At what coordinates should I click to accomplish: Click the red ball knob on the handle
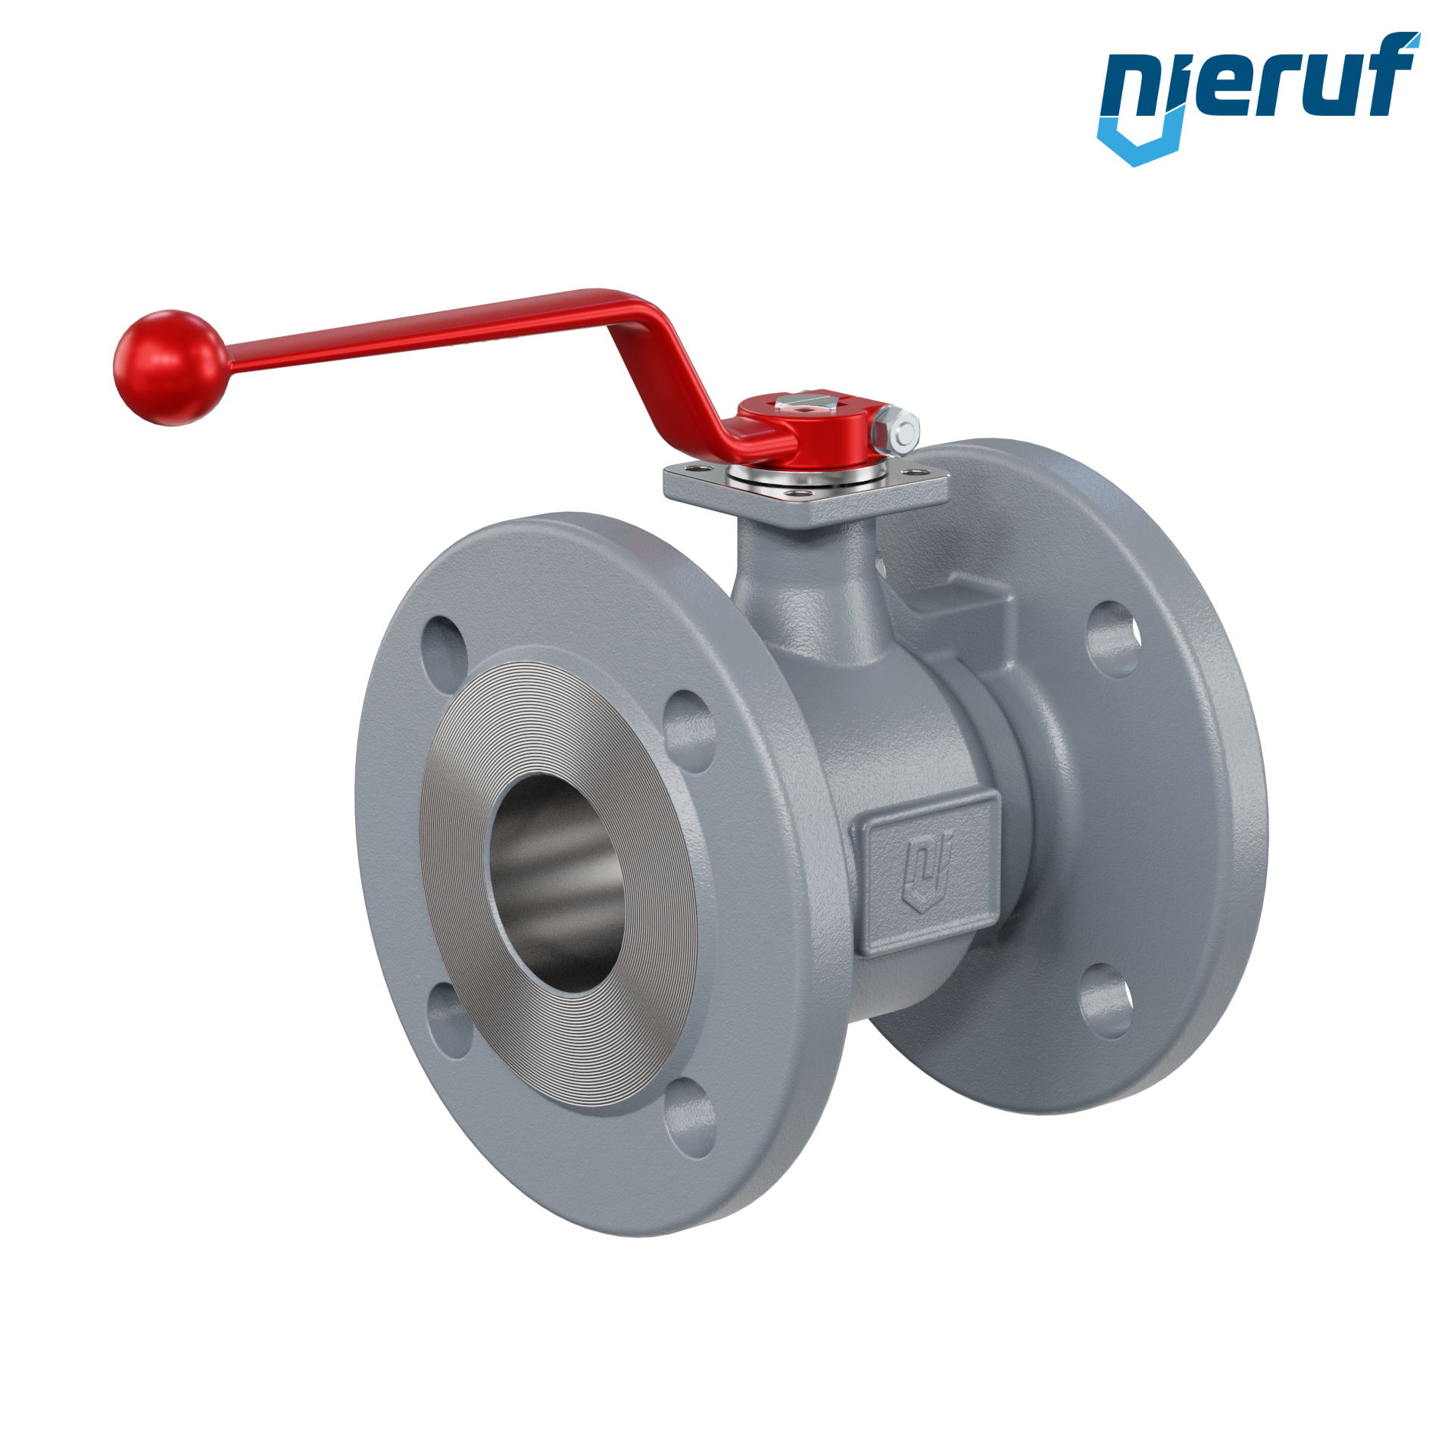[x=170, y=367]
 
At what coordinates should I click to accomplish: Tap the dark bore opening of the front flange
[x=557, y=883]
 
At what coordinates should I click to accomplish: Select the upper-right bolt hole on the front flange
[x=689, y=731]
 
